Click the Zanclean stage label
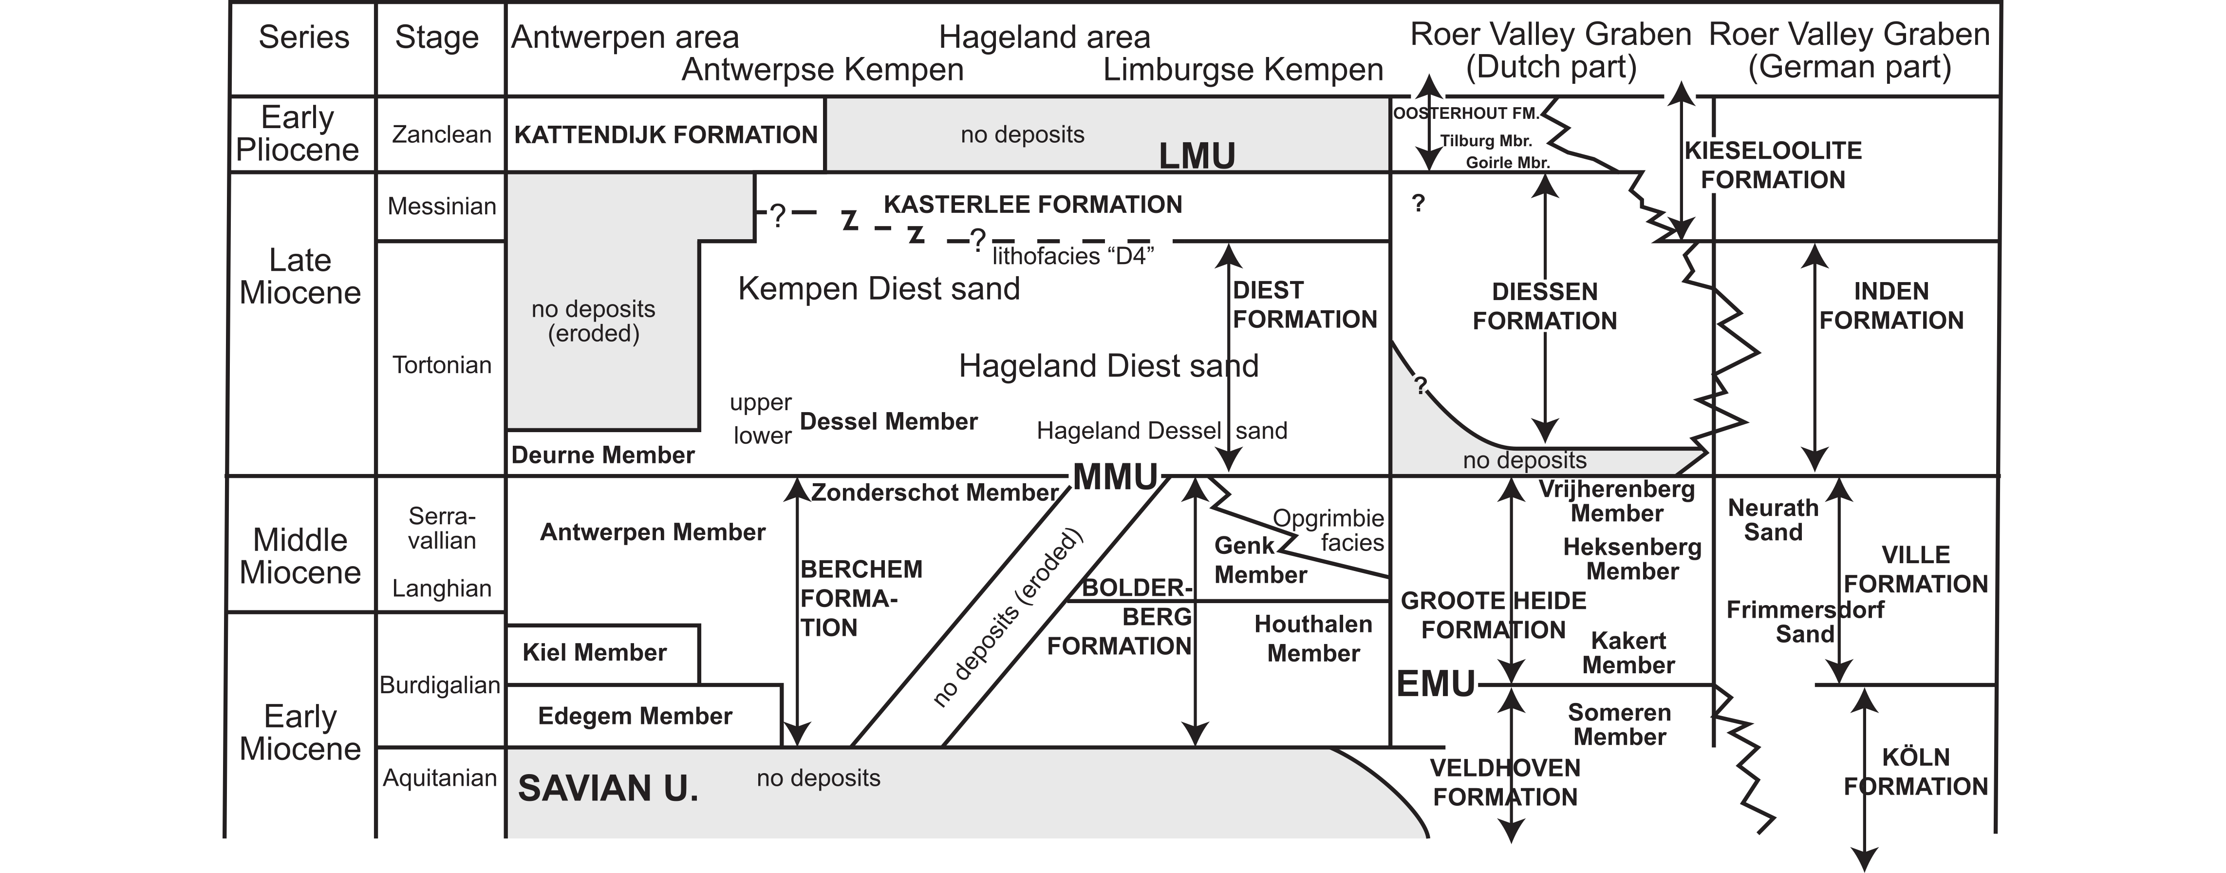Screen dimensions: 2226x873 pyautogui.click(x=442, y=135)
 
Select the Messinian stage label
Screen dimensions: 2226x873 pyautogui.click(x=442, y=207)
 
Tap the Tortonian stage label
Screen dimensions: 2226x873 pyautogui.click(x=442, y=365)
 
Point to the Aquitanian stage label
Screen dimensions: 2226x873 pyautogui.click(x=440, y=778)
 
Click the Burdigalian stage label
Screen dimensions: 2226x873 pyautogui.click(x=440, y=685)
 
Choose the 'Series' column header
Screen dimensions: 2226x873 pyautogui.click(x=304, y=37)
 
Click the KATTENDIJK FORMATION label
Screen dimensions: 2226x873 pyautogui.click(x=665, y=135)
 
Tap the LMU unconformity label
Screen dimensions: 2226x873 pyautogui.click(x=1197, y=155)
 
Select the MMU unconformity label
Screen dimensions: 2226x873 pyautogui.click(x=1116, y=477)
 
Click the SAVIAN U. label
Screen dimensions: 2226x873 pyautogui.click(x=607, y=788)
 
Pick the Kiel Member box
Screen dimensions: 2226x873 pyautogui.click(x=602, y=653)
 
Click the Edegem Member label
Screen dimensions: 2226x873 pyautogui.click(x=635, y=716)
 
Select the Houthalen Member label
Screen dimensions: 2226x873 pyautogui.click(x=1313, y=639)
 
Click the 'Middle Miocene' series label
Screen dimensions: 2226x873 pyautogui.click(x=300, y=556)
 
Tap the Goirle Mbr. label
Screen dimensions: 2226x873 pyautogui.click(x=1508, y=163)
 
